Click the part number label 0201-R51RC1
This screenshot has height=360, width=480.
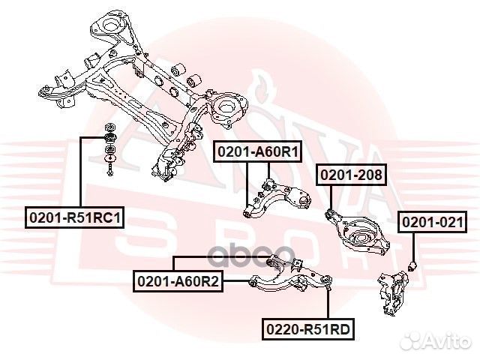(75, 217)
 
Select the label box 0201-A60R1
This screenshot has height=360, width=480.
(258, 151)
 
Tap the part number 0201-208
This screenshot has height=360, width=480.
(352, 175)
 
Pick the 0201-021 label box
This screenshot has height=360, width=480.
(433, 222)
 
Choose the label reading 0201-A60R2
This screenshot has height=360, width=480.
(178, 281)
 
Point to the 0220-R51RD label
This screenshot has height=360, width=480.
(308, 329)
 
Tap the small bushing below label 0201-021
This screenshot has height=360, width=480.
(413, 265)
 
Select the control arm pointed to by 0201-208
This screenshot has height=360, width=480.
(357, 232)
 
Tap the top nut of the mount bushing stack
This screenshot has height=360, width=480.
(109, 127)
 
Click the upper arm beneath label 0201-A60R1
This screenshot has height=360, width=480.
(277, 199)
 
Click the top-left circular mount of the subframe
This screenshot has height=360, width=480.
(110, 24)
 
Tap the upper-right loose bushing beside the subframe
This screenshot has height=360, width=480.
(193, 81)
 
